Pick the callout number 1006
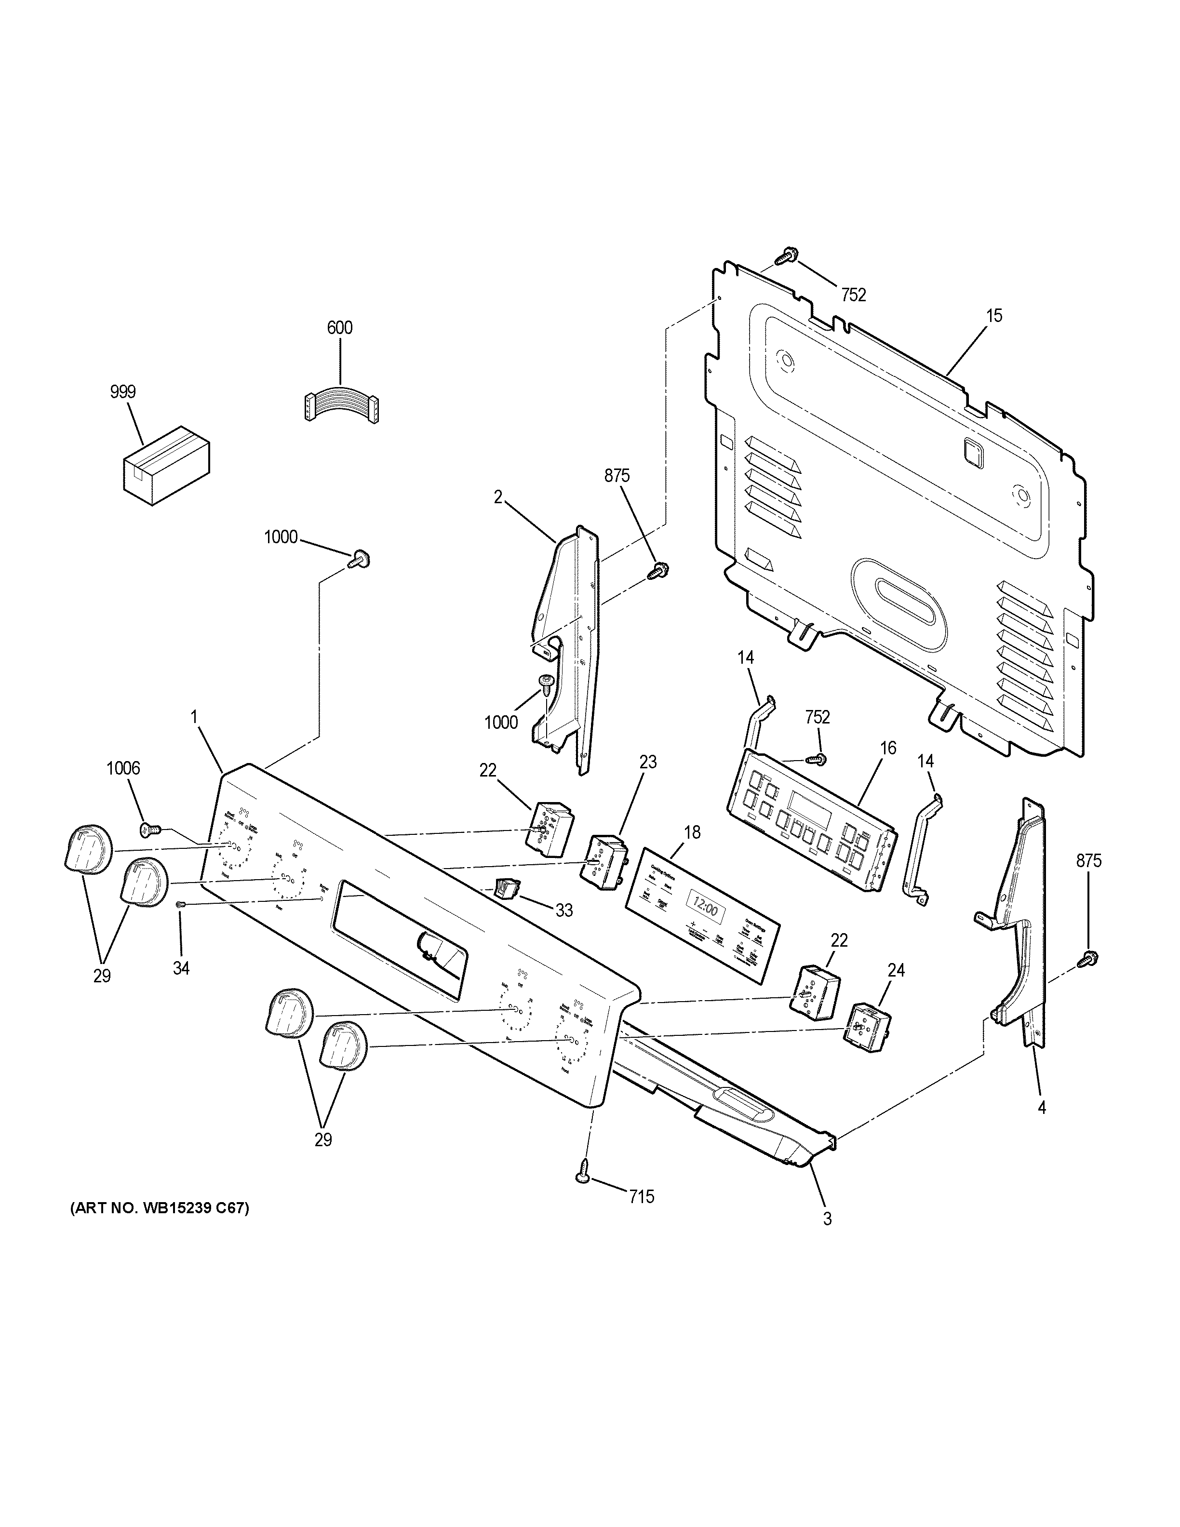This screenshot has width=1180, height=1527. click(123, 768)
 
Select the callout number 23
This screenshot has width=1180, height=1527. click(648, 762)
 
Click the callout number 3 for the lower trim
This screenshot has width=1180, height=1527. click(827, 1219)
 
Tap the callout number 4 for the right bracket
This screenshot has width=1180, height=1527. click(1042, 1127)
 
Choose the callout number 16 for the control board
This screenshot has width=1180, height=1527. click(888, 748)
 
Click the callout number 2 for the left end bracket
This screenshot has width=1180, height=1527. click(498, 497)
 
